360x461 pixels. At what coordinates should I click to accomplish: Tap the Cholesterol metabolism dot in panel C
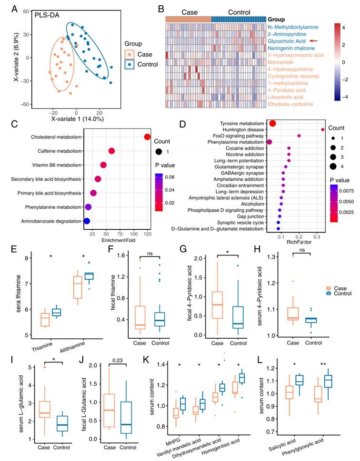147,137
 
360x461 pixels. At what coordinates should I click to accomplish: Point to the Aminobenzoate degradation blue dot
87,221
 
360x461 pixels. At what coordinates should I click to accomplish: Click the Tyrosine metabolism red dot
273,124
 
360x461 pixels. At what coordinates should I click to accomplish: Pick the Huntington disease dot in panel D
323,129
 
